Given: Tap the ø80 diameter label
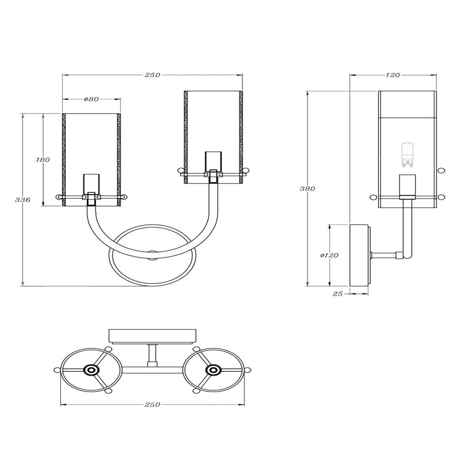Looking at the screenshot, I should coord(91,99).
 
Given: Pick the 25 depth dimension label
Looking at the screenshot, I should coord(337,294).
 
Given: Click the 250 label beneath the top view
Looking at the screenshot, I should coord(152,405).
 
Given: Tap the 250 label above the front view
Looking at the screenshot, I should coord(152,75).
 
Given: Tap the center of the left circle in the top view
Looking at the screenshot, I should coord(91,370).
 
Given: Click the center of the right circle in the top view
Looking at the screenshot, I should coord(213,370).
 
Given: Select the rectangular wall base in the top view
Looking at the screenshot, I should coord(152,335).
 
